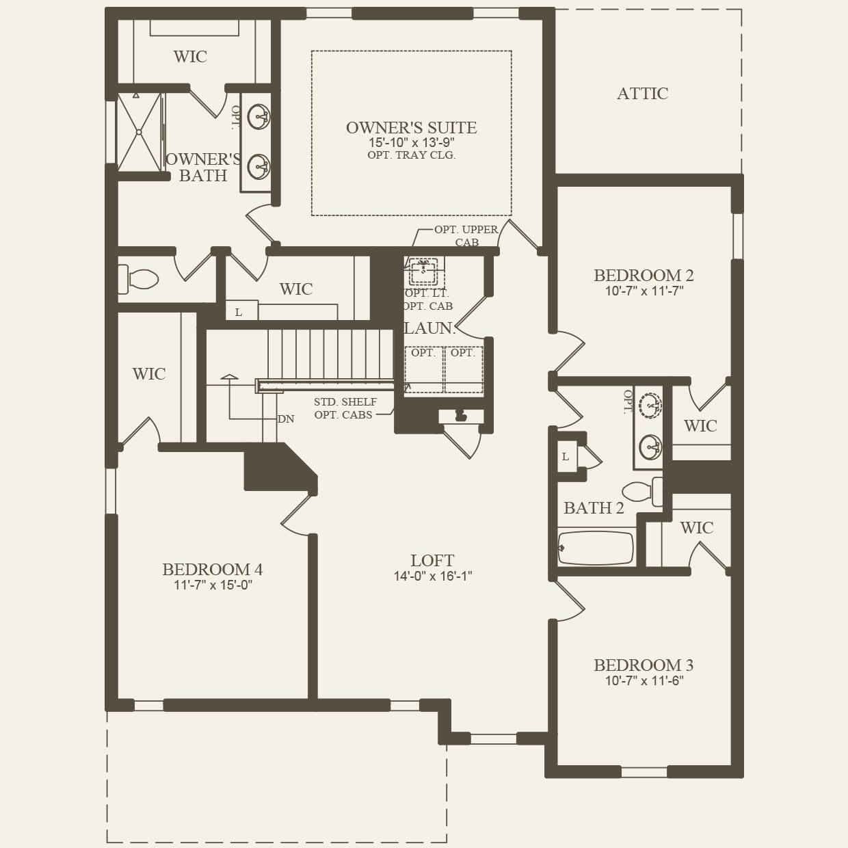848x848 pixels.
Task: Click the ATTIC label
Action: pos(642,94)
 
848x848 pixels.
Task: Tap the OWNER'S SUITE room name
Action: pos(411,128)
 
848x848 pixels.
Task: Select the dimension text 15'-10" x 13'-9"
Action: pos(411,142)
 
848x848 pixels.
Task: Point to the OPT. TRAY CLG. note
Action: pos(411,155)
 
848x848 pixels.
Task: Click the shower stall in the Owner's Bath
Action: pos(139,132)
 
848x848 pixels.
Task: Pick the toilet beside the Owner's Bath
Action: pos(140,279)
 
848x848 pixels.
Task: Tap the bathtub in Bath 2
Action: pos(595,548)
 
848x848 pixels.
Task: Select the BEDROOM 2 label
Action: pos(644,276)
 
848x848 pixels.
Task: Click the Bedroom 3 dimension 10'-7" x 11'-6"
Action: pos(644,680)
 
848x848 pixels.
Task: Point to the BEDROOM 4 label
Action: pos(212,570)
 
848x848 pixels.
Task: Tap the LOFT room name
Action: pos(432,561)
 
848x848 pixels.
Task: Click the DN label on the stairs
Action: pos(286,419)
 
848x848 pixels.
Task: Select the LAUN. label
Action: pos(429,328)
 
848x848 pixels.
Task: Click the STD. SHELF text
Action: pos(345,402)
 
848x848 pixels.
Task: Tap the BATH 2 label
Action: pos(594,508)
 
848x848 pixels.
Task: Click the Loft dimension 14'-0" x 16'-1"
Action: pos(432,576)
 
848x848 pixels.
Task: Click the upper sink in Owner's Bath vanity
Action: pos(259,116)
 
